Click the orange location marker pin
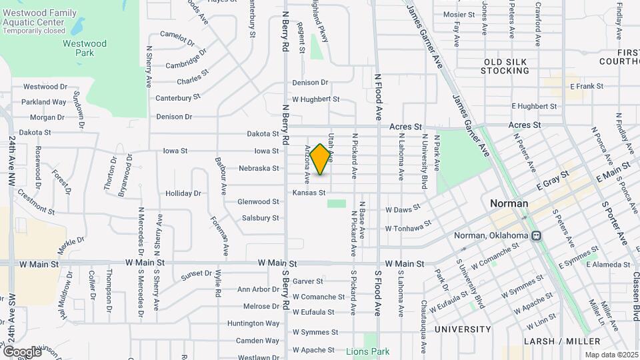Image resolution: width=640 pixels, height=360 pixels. click(x=321, y=159)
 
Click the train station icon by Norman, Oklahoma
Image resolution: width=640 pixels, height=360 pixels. click(x=537, y=235)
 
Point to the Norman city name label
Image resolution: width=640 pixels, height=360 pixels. click(x=509, y=203)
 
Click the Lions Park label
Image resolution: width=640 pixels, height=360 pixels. click(x=367, y=351)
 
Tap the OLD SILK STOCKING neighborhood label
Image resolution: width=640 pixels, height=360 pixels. click(x=505, y=66)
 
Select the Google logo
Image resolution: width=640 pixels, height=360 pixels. click(x=22, y=351)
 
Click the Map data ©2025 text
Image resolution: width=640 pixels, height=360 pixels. click(x=611, y=355)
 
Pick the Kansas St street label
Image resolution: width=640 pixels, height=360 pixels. click(x=309, y=193)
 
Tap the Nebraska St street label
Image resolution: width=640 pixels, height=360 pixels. click(x=259, y=168)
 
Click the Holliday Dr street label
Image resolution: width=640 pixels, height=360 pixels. click(x=183, y=193)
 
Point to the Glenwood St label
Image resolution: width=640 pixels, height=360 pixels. click(x=259, y=201)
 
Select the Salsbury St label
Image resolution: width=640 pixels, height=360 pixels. click(x=260, y=218)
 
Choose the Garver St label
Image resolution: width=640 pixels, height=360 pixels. click(x=307, y=281)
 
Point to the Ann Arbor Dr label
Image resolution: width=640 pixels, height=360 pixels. click(x=258, y=289)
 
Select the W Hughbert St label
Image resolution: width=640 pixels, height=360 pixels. click(x=316, y=99)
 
